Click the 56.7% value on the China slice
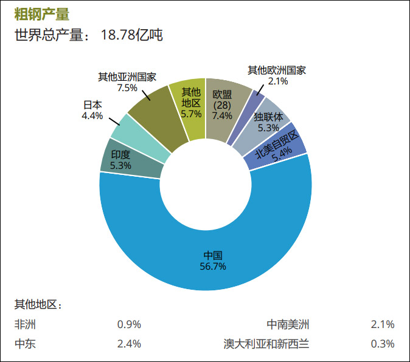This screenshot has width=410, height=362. coord(212,266)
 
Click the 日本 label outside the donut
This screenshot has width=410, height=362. coord(92,104)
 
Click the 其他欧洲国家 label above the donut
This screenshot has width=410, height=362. coord(277,70)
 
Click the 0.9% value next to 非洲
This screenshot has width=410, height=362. coord(129,324)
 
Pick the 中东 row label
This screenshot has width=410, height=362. coord(25,344)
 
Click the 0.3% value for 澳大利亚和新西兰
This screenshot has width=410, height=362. coord(383,344)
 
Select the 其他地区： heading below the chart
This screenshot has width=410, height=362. coord(38,304)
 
